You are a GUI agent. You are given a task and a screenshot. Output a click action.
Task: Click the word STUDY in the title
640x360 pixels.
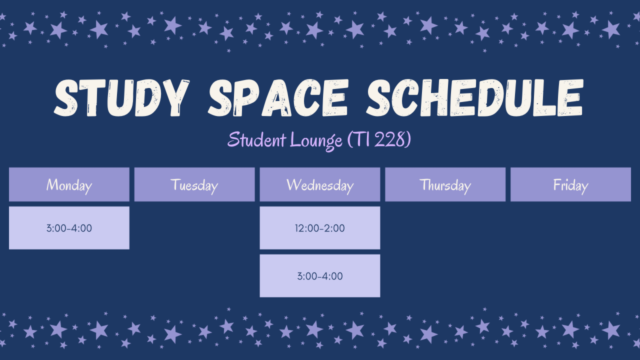[121, 97]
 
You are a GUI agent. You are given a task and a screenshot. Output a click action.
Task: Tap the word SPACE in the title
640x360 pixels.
[278, 97]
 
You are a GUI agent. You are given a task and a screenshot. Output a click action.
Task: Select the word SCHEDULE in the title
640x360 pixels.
[475, 97]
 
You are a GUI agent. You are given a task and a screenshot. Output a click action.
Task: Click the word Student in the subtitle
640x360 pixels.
[257, 139]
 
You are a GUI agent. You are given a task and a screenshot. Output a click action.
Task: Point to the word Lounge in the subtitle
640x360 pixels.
[316, 140]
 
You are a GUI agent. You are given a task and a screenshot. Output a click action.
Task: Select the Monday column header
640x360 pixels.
[69, 184]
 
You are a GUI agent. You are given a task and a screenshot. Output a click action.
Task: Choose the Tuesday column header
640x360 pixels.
[194, 184]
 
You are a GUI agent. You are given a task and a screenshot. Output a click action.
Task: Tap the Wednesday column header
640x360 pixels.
[320, 184]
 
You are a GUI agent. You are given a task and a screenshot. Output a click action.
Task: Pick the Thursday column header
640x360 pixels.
[445, 184]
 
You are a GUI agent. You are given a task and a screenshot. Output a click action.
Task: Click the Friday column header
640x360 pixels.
[571, 184]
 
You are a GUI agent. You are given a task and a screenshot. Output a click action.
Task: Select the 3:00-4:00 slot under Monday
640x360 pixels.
[69, 228]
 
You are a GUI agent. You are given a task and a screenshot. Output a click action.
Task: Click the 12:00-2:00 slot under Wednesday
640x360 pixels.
[320, 228]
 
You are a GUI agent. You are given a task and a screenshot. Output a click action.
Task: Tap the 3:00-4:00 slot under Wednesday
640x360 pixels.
[320, 276]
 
